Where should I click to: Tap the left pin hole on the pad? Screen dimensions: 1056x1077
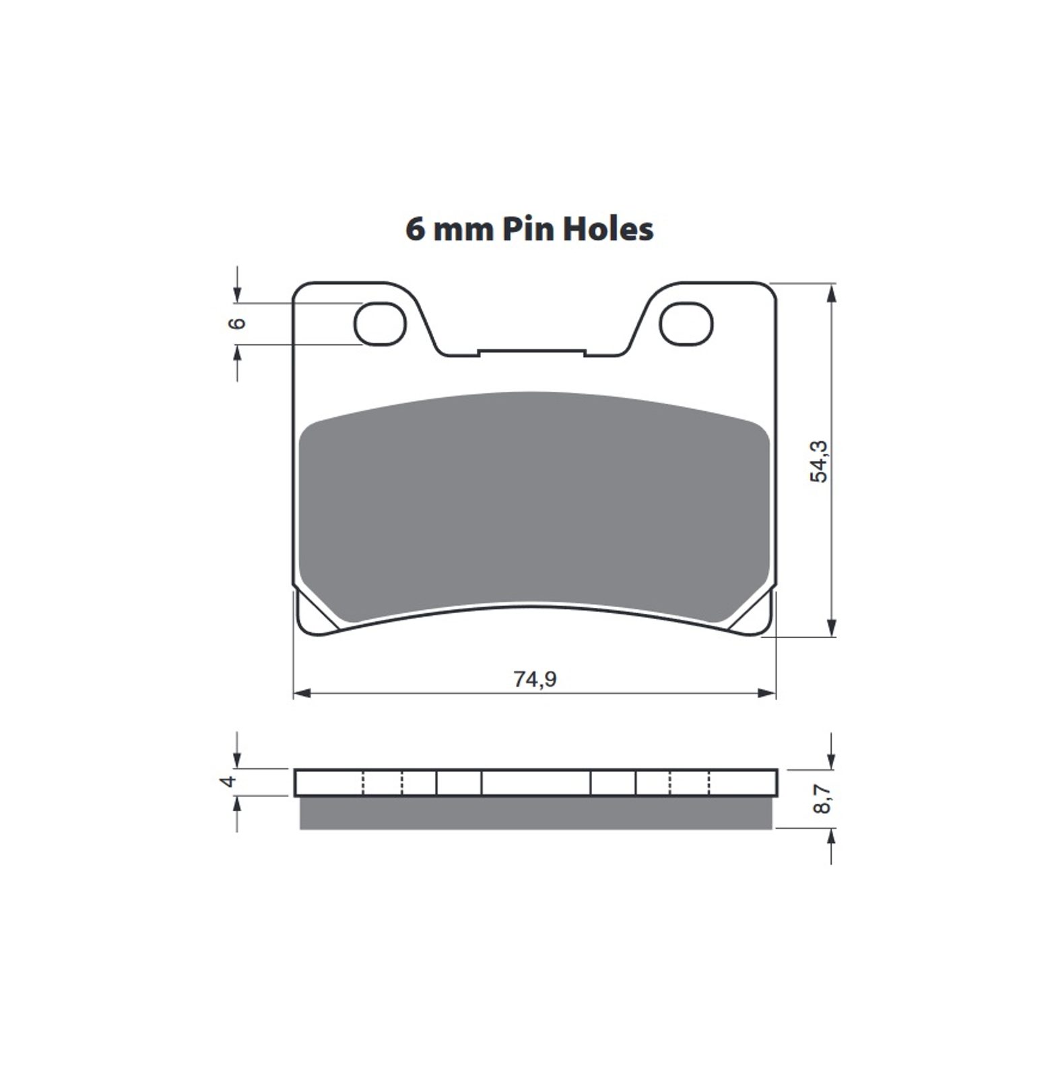click(381, 324)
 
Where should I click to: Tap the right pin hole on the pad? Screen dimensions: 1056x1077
click(686, 324)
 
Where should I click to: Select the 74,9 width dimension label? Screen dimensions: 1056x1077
click(535, 679)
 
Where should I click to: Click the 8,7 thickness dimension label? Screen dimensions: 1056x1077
click(822, 798)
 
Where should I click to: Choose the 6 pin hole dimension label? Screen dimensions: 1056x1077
click(237, 324)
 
